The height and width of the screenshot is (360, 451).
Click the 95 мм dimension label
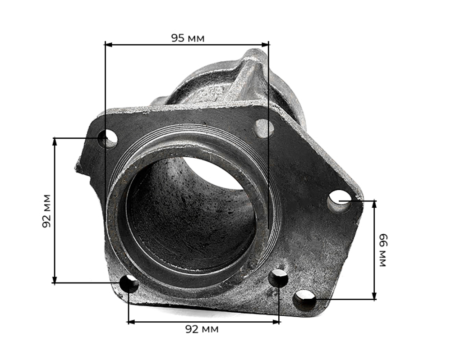pos(188,38)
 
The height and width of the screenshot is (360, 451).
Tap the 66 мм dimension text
pos(383,250)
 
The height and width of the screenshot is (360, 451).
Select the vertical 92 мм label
pos(46,211)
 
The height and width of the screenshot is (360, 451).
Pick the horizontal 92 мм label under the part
pos(202,329)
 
